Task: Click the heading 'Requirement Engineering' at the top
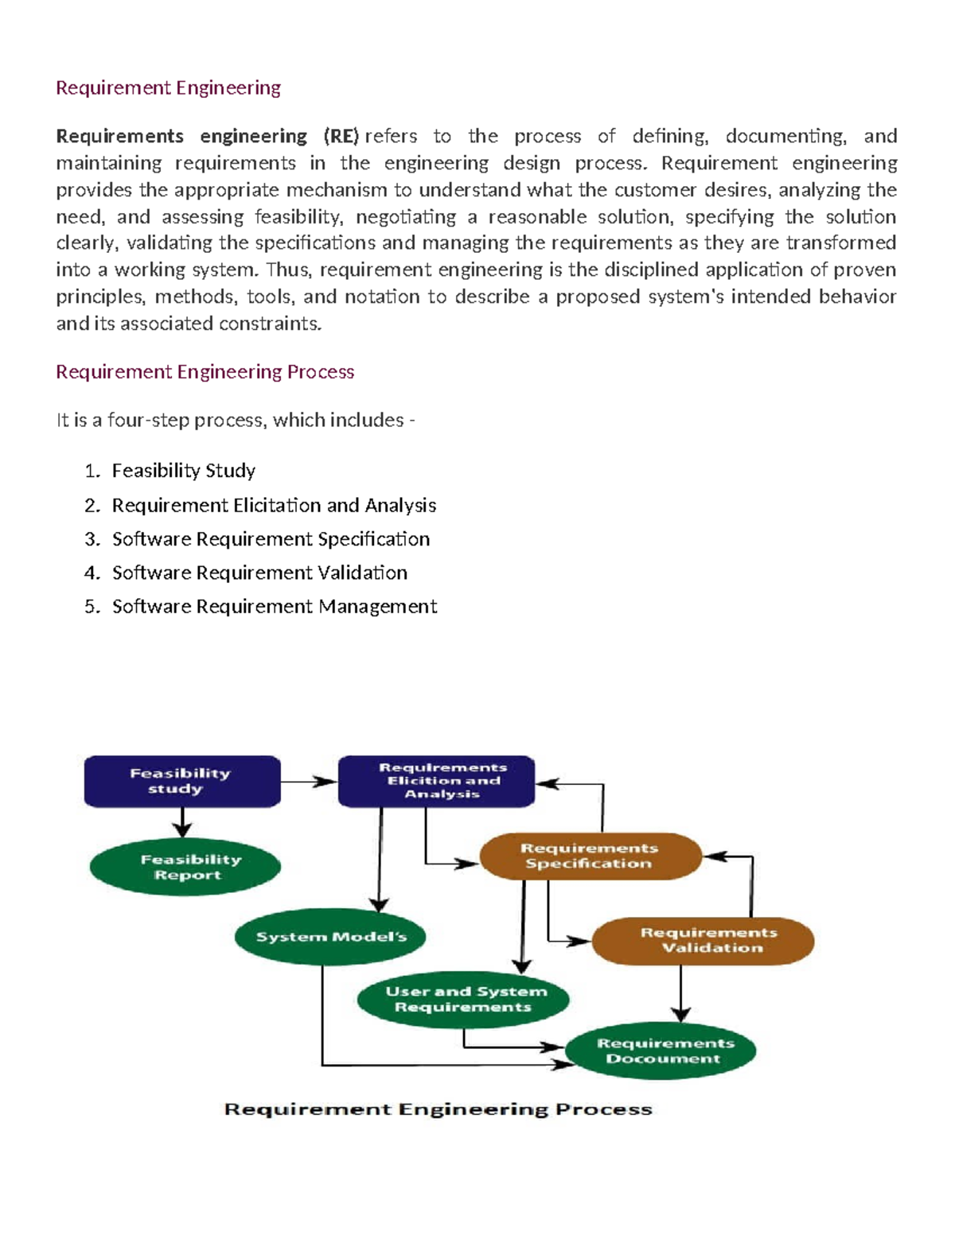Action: (168, 87)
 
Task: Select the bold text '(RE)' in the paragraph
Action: (341, 136)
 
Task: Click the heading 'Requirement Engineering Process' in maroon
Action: (205, 372)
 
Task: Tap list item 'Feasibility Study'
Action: (183, 471)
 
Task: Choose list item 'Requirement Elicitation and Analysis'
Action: (274, 506)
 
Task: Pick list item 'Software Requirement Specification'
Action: (271, 539)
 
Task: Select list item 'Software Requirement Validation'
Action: (259, 573)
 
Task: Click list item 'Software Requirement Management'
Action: (275, 607)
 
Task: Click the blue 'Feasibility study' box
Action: (182, 781)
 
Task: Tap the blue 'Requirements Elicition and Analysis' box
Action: (436, 781)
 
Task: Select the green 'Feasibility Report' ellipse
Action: (185, 868)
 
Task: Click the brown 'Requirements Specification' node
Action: (591, 856)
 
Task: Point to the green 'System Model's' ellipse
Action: (330, 937)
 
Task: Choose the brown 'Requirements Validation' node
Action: (704, 941)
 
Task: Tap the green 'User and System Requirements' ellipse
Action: (464, 1000)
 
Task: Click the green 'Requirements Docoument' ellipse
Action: (661, 1051)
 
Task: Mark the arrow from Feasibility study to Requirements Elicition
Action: (309, 782)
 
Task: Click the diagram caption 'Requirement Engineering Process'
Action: (439, 1109)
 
